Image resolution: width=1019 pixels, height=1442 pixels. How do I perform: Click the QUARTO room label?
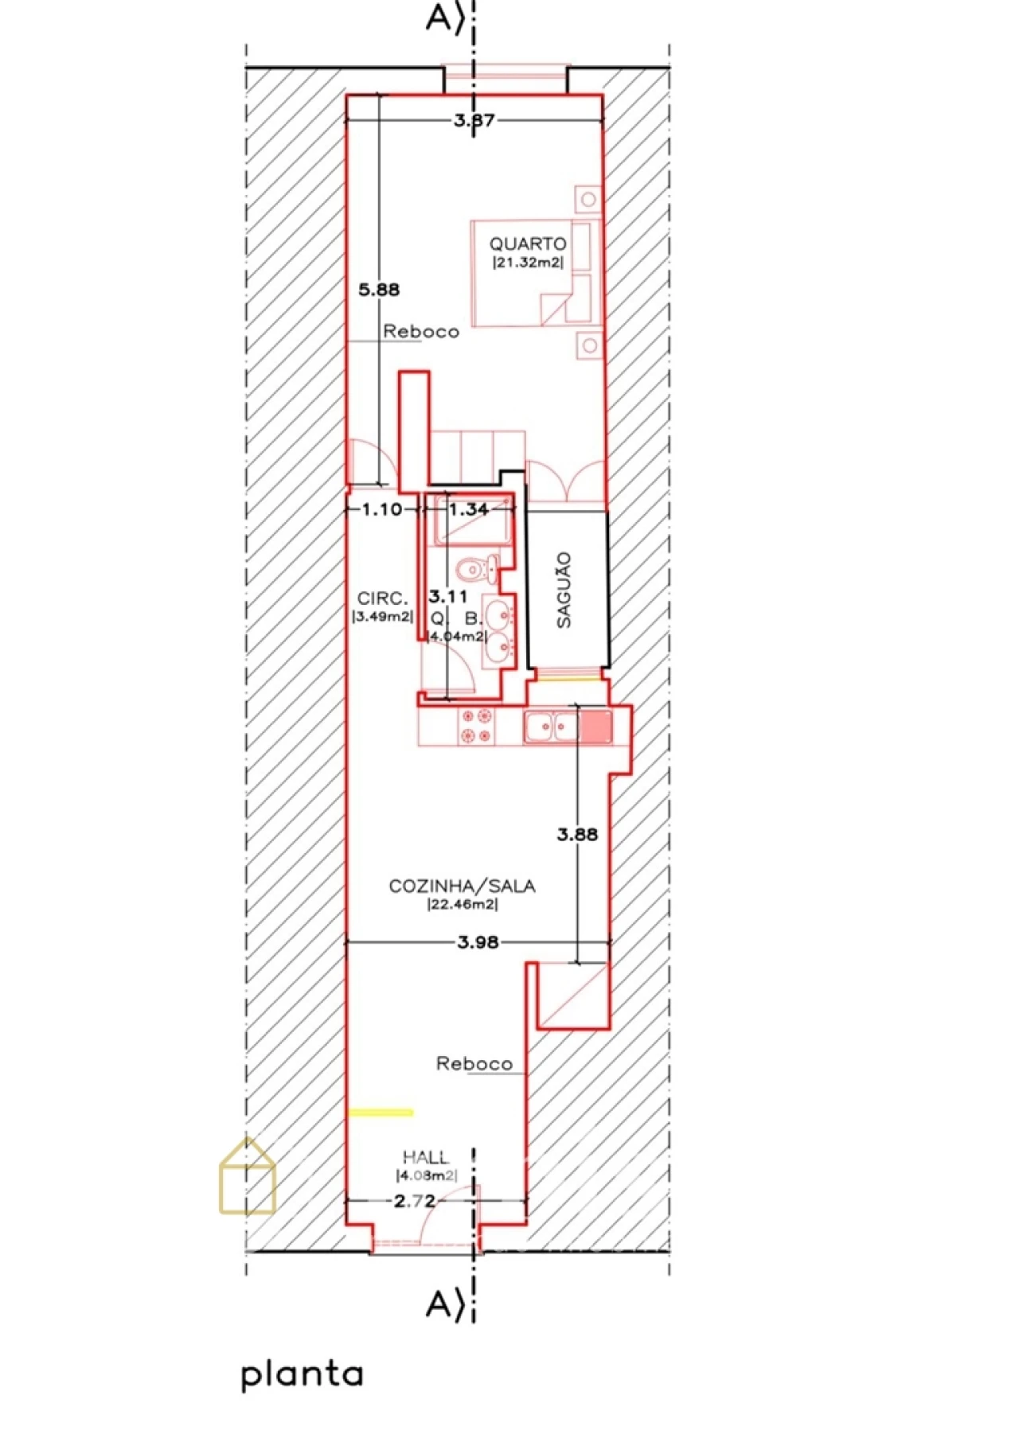pyautogui.click(x=528, y=244)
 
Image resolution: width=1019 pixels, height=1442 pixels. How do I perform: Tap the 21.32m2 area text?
pyautogui.click(x=528, y=263)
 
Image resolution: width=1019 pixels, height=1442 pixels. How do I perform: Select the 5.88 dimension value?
pyautogui.click(x=379, y=290)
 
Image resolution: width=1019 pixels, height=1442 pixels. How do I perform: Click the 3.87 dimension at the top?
pyautogui.click(x=474, y=121)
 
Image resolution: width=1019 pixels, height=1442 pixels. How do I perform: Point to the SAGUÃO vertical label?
pyautogui.click(x=564, y=590)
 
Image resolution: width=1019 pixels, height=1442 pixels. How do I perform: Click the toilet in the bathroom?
pyautogui.click(x=476, y=569)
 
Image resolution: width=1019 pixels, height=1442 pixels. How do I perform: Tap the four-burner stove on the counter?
pyautogui.click(x=476, y=727)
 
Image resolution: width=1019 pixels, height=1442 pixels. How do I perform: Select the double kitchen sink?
pyautogui.click(x=552, y=727)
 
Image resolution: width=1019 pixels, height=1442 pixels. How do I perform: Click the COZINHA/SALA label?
pyautogui.click(x=462, y=886)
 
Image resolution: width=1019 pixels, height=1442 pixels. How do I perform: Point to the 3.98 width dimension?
pyautogui.click(x=478, y=942)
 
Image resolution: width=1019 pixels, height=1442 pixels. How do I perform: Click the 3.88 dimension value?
pyautogui.click(x=576, y=834)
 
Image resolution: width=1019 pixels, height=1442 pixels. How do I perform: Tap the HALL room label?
pyautogui.click(x=425, y=1157)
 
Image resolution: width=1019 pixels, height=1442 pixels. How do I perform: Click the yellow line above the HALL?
pyautogui.click(x=381, y=1113)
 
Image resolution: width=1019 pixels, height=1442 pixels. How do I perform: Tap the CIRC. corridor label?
pyautogui.click(x=382, y=598)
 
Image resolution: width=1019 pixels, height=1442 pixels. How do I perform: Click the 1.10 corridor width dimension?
pyautogui.click(x=382, y=509)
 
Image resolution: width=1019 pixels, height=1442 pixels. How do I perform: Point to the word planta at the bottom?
pyautogui.click(x=302, y=1375)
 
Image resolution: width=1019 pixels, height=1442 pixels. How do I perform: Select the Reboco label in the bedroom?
pyautogui.click(x=421, y=331)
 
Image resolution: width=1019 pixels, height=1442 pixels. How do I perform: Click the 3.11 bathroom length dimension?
pyautogui.click(x=448, y=596)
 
